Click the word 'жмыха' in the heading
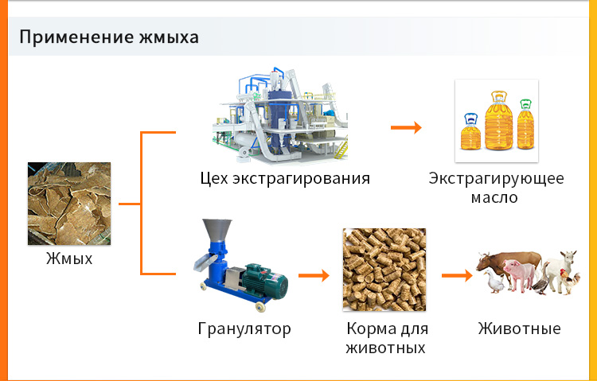coord(169,37)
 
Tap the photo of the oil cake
coord(69,204)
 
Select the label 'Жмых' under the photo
coord(69,259)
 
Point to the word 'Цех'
coord(214,178)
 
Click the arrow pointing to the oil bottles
coord(406,127)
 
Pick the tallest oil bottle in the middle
coord(499,120)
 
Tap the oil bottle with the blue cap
coord(471,131)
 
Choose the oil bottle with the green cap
coord(526,124)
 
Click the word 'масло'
coord(494,197)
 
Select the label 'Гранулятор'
coord(244,329)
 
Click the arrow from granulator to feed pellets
coord(314,275)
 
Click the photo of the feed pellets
coord(384,270)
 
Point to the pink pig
coord(518,274)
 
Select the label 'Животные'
coord(519,329)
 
